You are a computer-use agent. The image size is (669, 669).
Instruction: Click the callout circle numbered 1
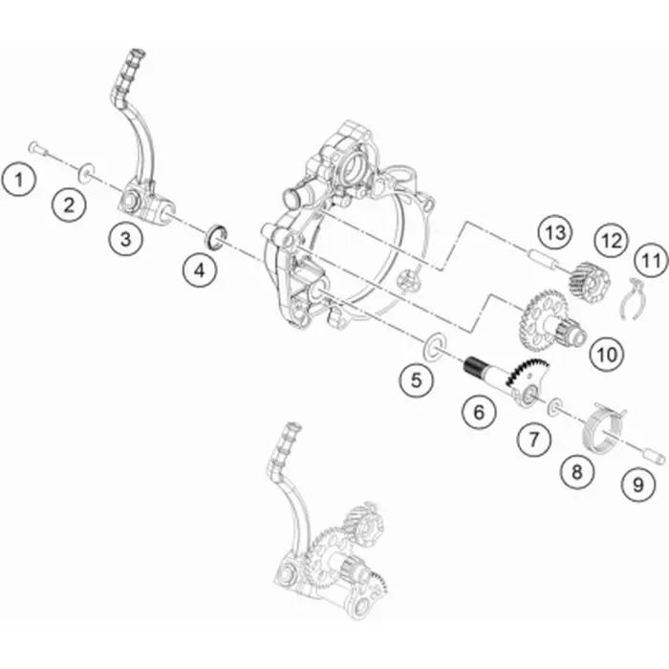18,180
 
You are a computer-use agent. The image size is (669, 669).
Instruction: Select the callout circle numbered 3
125,239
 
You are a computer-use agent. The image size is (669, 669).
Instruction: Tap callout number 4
199,270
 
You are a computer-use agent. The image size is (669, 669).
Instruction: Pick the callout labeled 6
479,412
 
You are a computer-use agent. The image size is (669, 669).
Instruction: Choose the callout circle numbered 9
637,485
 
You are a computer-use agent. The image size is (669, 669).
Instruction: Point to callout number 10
607,355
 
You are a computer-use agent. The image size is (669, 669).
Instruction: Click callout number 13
555,232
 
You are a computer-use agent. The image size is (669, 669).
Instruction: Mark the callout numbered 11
650,260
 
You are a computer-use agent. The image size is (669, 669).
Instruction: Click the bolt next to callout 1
38,149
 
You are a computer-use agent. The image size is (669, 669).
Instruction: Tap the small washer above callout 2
86,171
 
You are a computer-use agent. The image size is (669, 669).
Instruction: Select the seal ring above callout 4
217,235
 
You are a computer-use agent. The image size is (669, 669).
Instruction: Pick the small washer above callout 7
555,406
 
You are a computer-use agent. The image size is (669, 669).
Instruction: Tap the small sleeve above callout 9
654,457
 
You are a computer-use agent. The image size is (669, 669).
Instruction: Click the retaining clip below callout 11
632,298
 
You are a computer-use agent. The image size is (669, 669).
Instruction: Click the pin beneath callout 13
541,259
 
